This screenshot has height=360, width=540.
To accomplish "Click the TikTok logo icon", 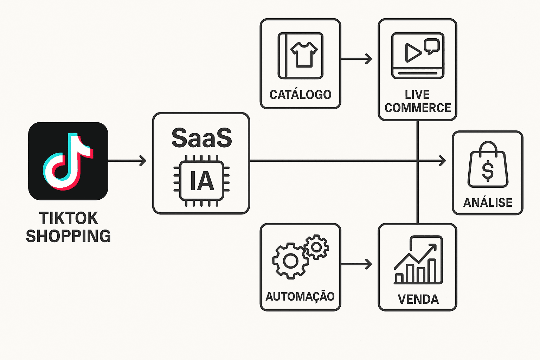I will pyautogui.click(x=68, y=161).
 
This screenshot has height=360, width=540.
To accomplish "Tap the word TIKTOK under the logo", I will pyautogui.click(x=69, y=218).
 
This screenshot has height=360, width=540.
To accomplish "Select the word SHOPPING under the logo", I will pyautogui.click(x=69, y=236).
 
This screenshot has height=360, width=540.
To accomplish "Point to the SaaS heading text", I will pyautogui.click(x=201, y=138).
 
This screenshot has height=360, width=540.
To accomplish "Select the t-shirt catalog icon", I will pyautogui.click(x=301, y=56).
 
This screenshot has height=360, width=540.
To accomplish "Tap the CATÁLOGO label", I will pyautogui.click(x=301, y=95).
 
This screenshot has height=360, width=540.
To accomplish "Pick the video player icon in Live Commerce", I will pyautogui.click(x=418, y=56).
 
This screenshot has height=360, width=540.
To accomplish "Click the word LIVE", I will pyautogui.click(x=417, y=95).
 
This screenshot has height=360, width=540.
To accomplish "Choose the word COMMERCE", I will pyautogui.click(x=418, y=108).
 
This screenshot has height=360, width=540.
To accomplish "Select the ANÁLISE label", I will pyautogui.click(x=488, y=202).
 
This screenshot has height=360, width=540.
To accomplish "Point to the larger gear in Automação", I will pyautogui.click(x=290, y=261).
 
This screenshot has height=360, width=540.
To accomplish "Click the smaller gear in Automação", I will pyautogui.click(x=316, y=247).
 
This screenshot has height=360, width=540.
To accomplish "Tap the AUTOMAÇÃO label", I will pyautogui.click(x=300, y=296).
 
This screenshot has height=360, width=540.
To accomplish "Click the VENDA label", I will pyautogui.click(x=418, y=299).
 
